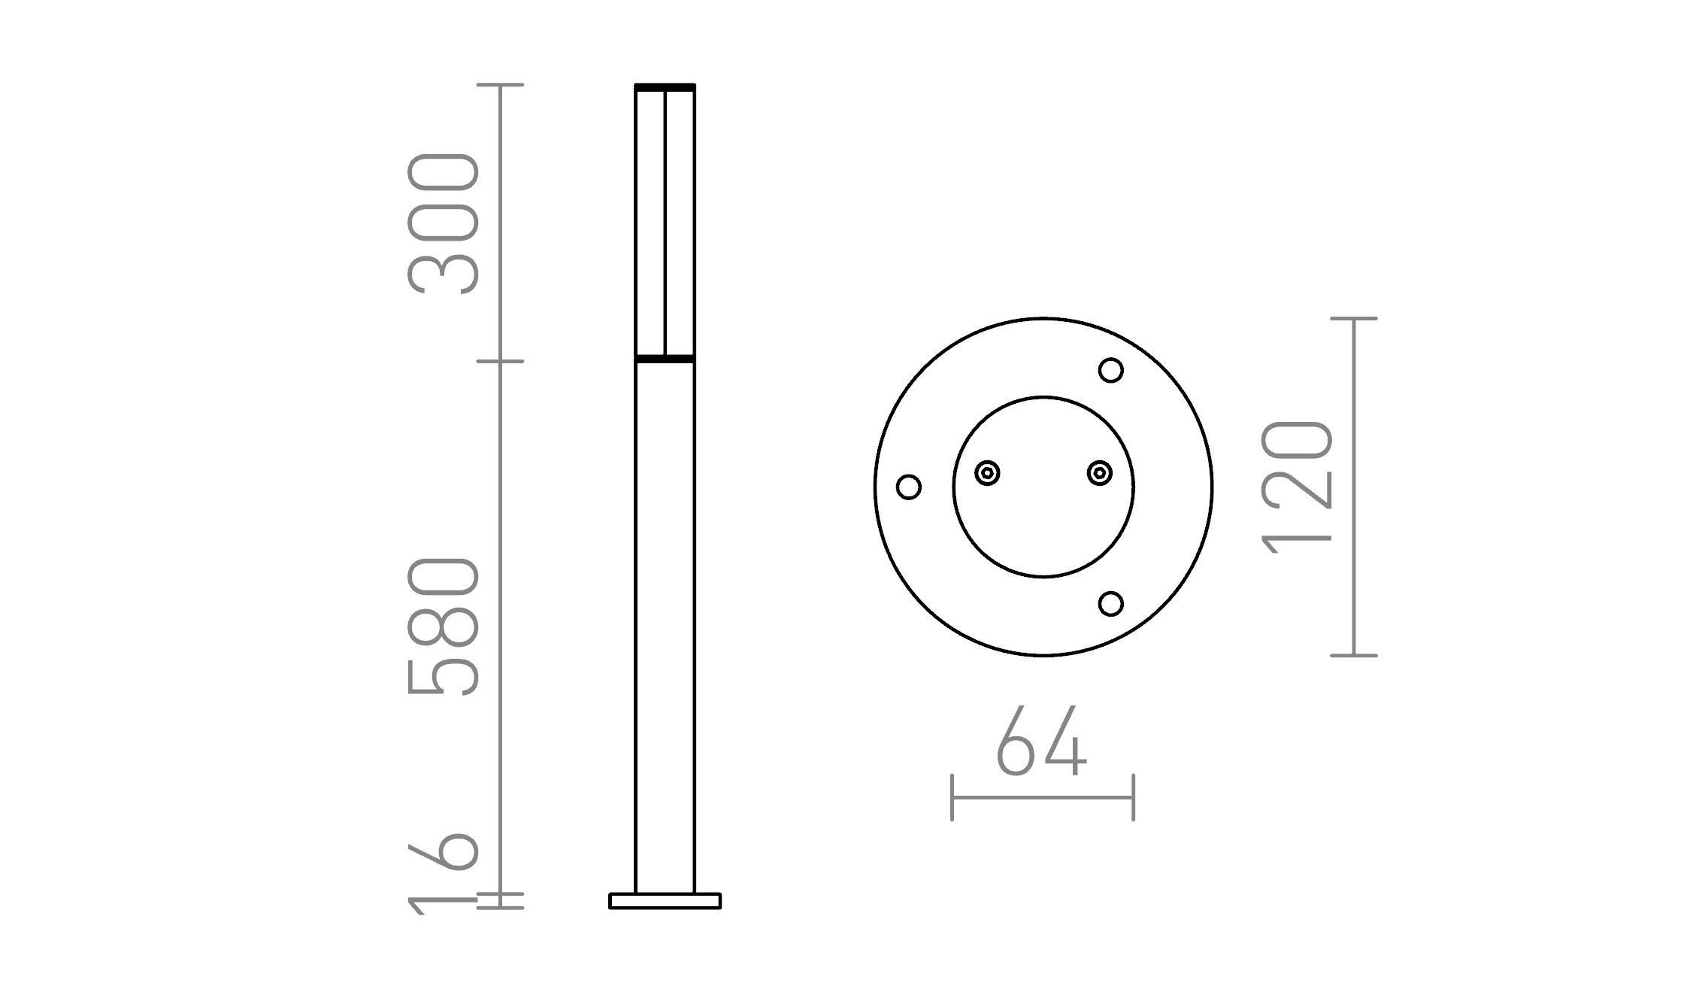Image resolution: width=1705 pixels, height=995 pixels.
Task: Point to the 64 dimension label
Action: click(1041, 742)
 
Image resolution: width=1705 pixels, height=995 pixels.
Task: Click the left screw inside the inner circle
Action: click(987, 473)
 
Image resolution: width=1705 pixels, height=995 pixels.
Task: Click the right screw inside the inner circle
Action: click(1100, 473)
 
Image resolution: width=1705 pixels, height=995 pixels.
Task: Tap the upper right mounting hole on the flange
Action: click(1110, 370)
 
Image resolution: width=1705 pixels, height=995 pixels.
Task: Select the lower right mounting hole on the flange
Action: click(1110, 604)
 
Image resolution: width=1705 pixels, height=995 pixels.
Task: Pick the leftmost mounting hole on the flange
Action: click(909, 487)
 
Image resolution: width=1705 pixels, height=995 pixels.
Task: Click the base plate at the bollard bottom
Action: click(665, 901)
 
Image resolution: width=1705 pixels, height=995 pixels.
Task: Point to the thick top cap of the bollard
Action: click(665, 88)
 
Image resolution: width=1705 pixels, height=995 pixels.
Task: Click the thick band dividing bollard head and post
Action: click(665, 359)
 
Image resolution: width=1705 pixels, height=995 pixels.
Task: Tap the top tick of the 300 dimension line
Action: click(500, 85)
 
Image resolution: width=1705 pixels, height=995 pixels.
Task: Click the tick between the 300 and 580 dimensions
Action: click(500, 362)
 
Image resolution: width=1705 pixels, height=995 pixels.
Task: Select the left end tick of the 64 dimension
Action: click(952, 797)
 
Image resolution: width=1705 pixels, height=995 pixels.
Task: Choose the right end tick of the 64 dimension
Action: click(1133, 797)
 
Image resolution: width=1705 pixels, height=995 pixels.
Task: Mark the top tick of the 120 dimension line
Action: click(1353, 319)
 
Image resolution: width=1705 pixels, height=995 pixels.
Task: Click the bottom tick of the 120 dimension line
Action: click(1353, 656)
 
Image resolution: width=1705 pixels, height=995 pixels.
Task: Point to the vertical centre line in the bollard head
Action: click(665, 226)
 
